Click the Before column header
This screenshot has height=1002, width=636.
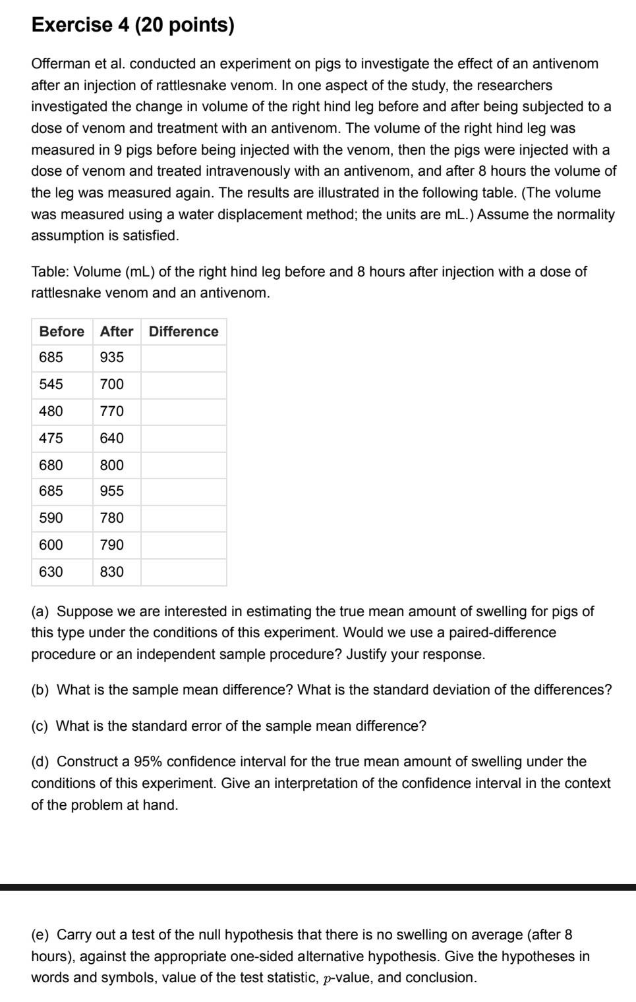tap(62, 332)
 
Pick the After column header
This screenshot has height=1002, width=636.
tap(117, 332)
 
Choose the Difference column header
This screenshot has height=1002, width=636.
tap(183, 332)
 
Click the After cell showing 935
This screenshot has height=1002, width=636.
tap(112, 357)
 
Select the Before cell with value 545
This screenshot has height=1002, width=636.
tap(51, 384)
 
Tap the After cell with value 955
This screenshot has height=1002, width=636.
tap(112, 491)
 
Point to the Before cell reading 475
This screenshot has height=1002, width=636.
tap(51, 438)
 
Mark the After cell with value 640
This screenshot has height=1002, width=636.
tap(112, 438)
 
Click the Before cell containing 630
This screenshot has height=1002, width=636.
tap(51, 572)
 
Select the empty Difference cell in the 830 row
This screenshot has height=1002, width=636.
tap(183, 572)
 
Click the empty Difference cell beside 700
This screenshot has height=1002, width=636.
tap(183, 384)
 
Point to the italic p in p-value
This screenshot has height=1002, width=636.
tap(328, 979)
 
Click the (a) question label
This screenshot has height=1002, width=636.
tap(40, 612)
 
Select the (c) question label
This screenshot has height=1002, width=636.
tap(40, 726)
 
